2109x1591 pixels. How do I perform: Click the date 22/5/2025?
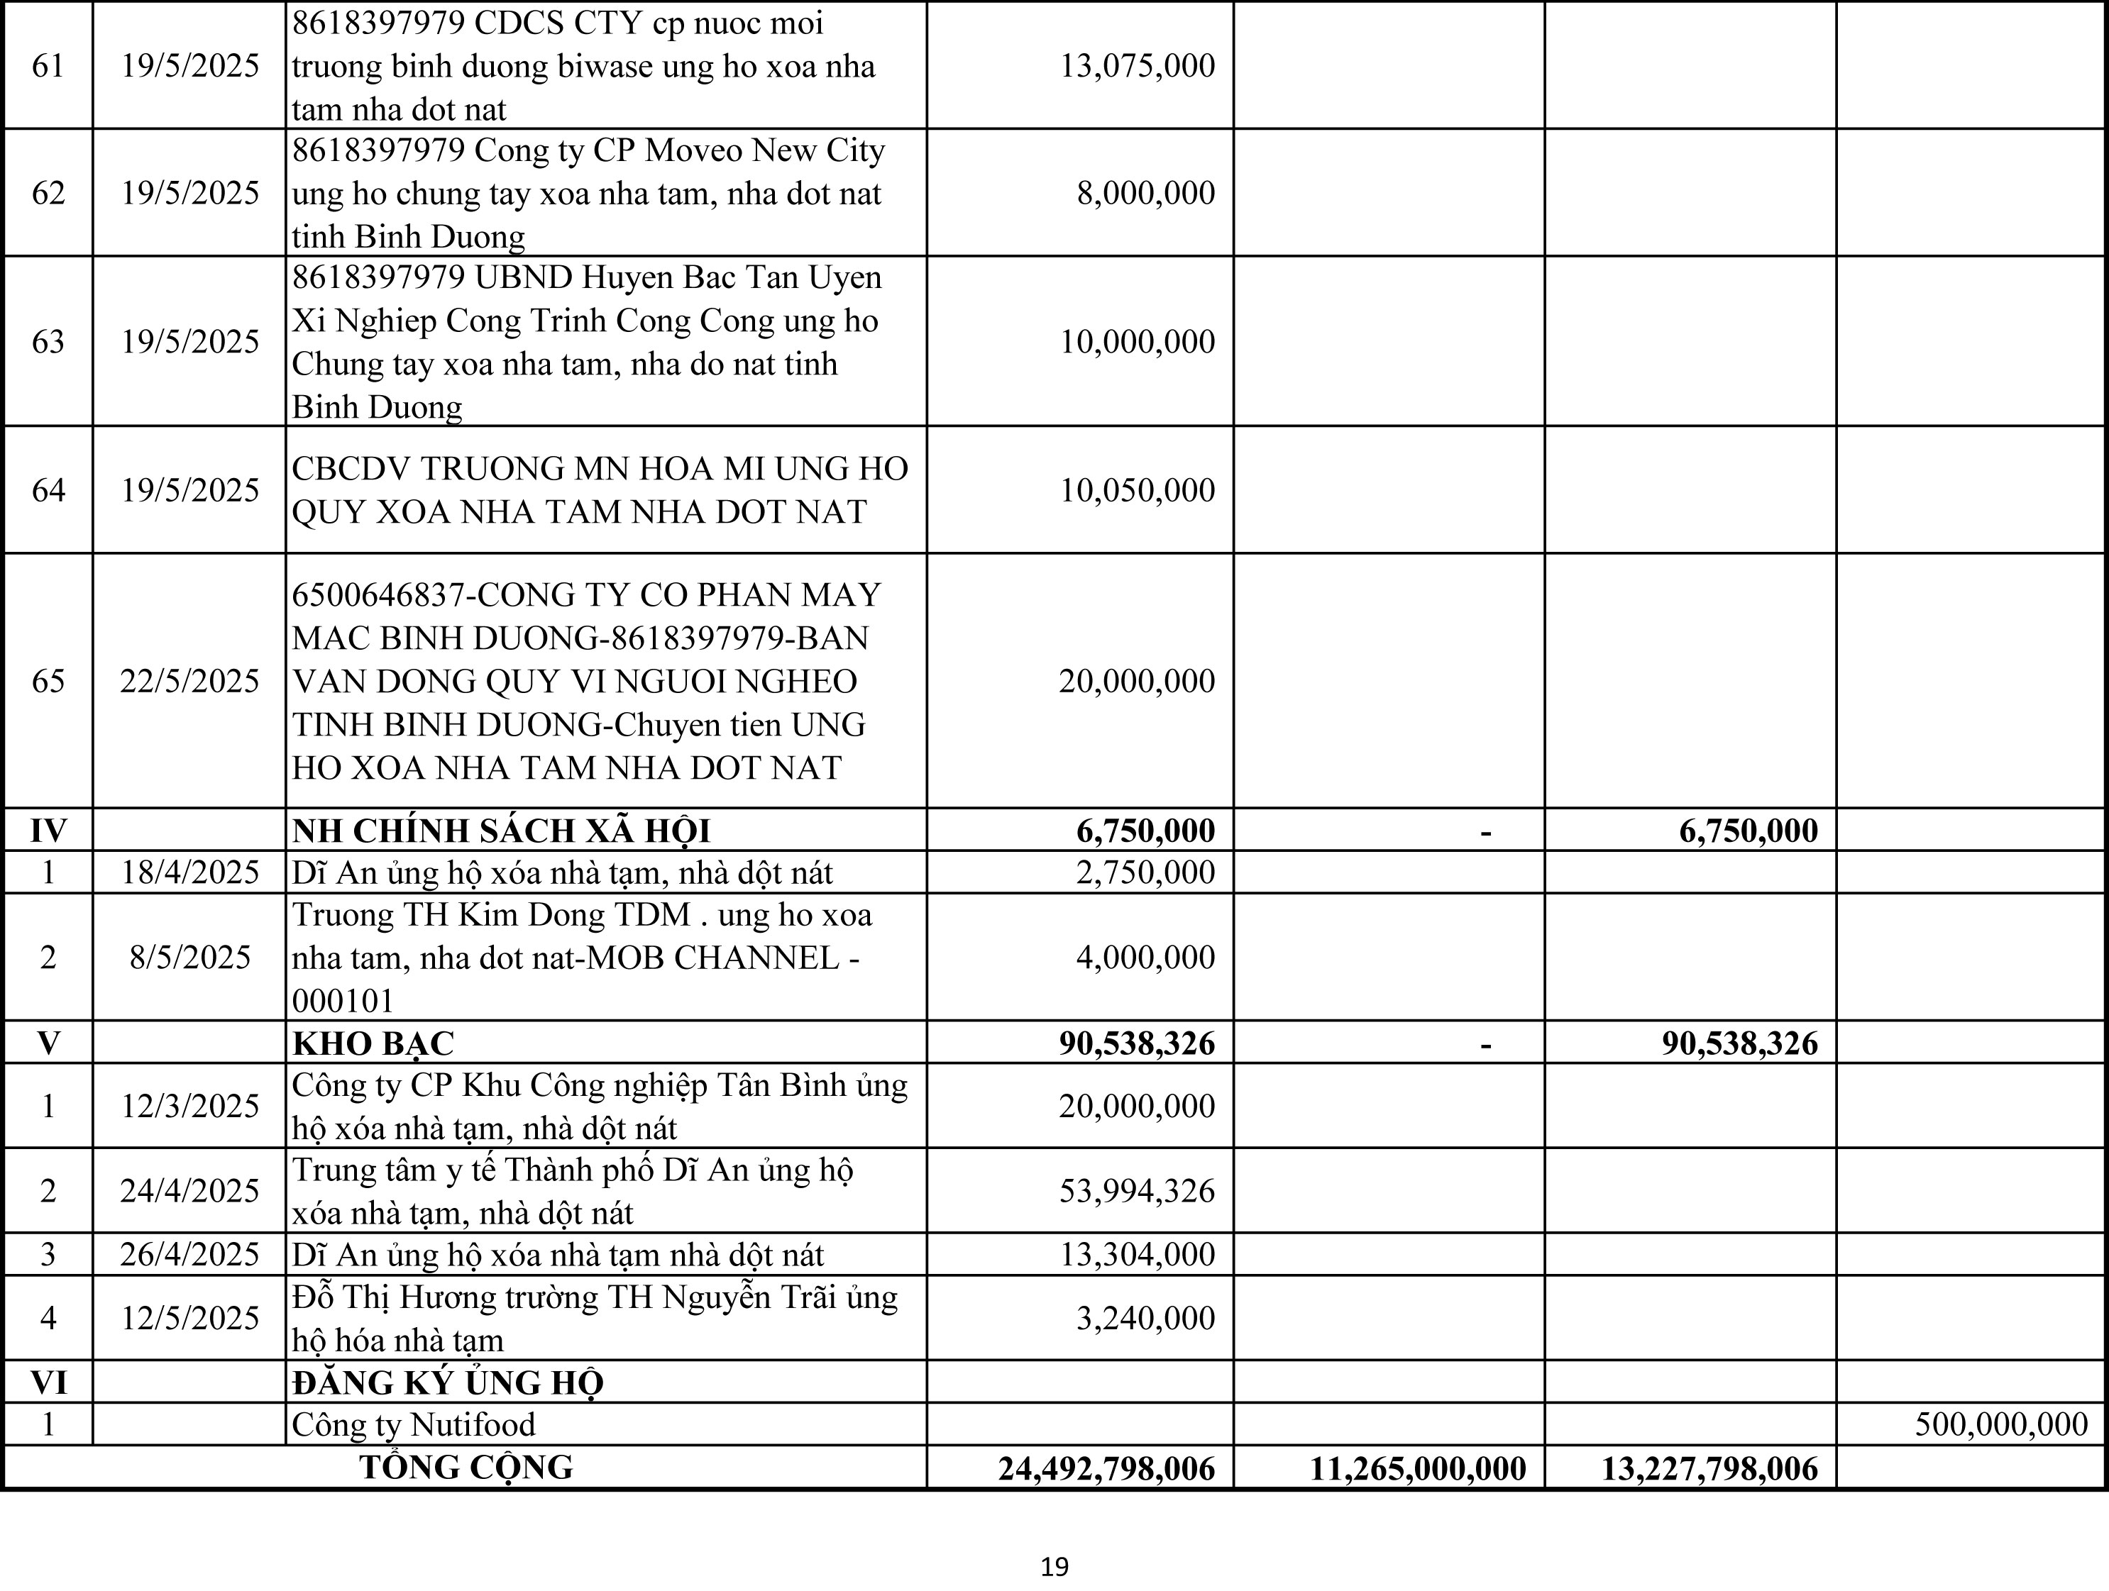pos(189,681)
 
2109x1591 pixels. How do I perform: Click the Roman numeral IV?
pos(49,831)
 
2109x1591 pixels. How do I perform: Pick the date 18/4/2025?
pos(189,872)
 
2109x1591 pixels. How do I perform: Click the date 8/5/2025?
pos(189,957)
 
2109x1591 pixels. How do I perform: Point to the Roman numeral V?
pos(49,1043)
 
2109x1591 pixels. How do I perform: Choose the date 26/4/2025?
pos(189,1255)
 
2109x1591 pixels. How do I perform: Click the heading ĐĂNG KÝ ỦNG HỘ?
pos(447,1382)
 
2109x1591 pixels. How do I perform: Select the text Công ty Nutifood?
pos(413,1424)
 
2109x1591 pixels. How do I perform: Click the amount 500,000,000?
pos(2000,1424)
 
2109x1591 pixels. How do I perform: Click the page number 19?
pos(1054,1567)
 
